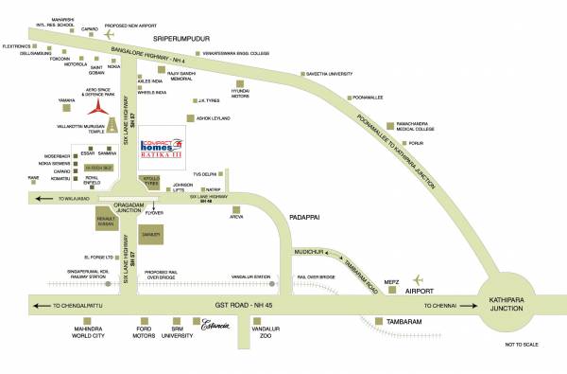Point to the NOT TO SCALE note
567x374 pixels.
point(521,345)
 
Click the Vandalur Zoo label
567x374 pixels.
point(272,334)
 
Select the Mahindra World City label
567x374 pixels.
point(80,334)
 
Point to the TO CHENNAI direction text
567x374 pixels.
point(441,307)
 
